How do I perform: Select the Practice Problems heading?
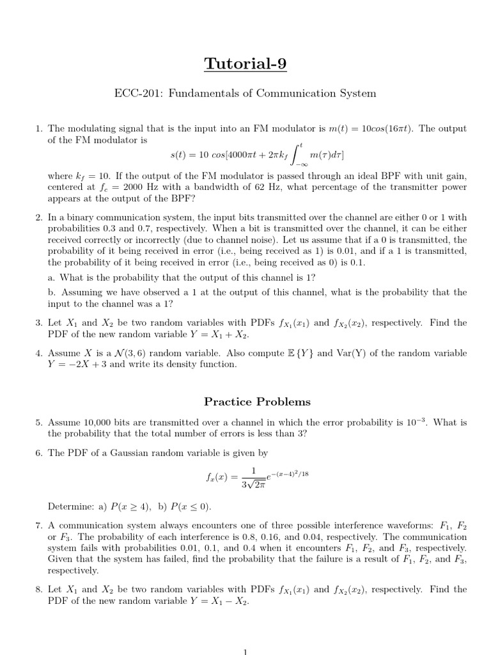[257, 402]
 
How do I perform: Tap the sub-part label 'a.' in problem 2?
[52, 277]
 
